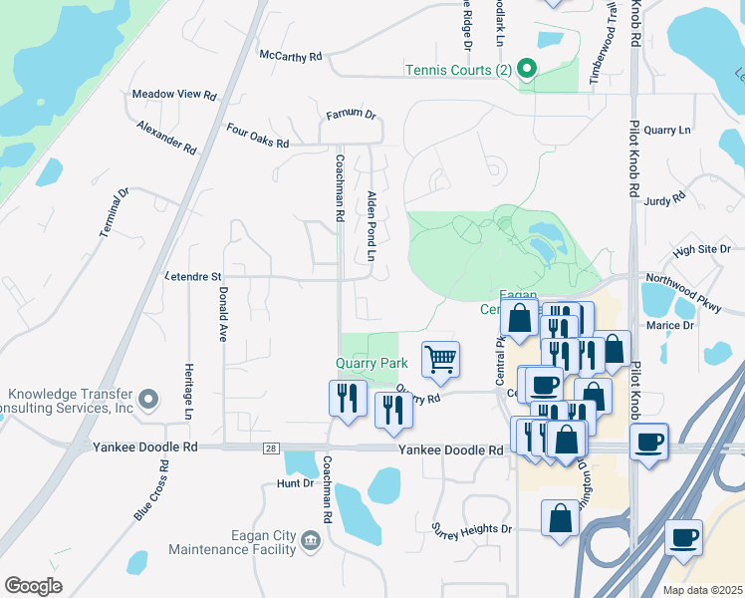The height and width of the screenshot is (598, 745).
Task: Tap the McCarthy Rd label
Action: click(291, 57)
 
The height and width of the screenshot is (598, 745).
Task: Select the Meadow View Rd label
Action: click(174, 95)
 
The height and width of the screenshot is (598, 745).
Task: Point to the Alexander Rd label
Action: click(167, 138)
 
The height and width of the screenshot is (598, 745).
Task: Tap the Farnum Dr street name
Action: click(351, 116)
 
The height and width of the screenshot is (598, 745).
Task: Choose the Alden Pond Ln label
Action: click(371, 226)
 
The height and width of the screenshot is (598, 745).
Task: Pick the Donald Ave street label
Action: click(223, 315)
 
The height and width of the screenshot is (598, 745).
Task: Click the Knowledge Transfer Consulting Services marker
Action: click(148, 400)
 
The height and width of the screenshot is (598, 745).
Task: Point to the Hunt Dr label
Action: click(295, 483)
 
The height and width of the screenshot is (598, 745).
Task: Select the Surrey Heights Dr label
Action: click(471, 528)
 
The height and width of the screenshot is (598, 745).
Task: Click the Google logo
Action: click(34, 585)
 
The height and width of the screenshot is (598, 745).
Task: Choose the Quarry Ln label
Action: click(666, 131)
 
